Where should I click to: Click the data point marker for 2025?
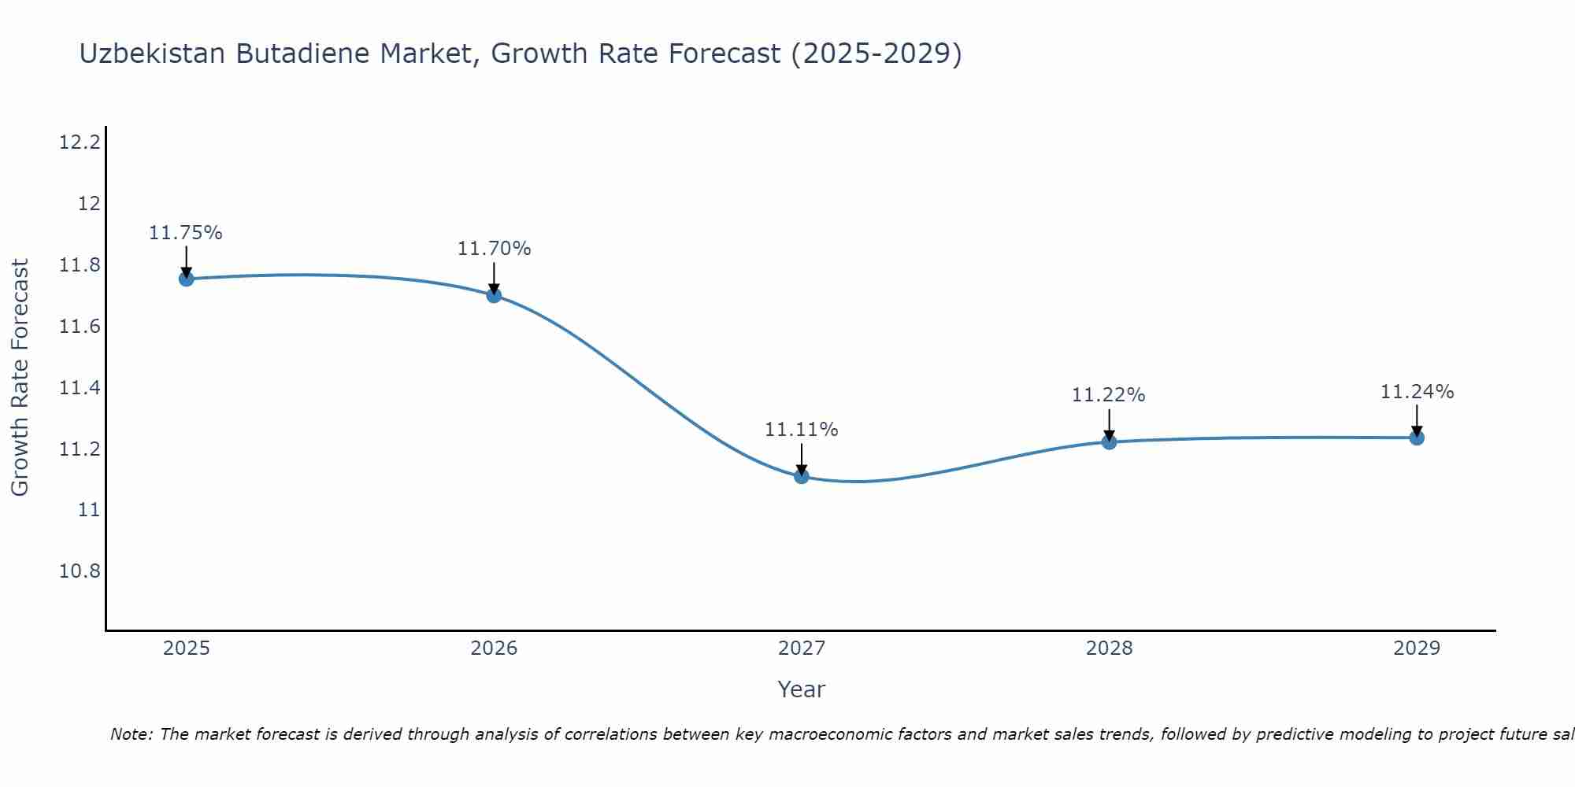pyautogui.click(x=186, y=279)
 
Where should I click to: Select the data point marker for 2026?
pyautogui.click(x=494, y=295)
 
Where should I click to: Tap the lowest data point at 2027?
pyautogui.click(x=802, y=476)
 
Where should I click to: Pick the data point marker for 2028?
pyautogui.click(x=1109, y=442)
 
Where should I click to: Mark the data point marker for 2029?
pyautogui.click(x=1417, y=438)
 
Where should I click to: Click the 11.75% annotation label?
pyautogui.click(x=186, y=233)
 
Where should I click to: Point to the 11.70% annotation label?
pyautogui.click(x=494, y=249)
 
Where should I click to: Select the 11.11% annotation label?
pyautogui.click(x=802, y=430)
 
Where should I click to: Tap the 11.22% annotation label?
pyautogui.click(x=1109, y=395)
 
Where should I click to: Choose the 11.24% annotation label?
pyautogui.click(x=1417, y=392)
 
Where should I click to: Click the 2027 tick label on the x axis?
pyautogui.click(x=802, y=648)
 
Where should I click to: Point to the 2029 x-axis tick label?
pyautogui.click(x=1417, y=648)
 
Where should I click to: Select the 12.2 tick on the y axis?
pyautogui.click(x=80, y=142)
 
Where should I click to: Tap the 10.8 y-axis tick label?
pyautogui.click(x=80, y=571)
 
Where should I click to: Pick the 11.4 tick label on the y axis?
pyautogui.click(x=80, y=388)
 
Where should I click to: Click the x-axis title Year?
pyautogui.click(x=802, y=689)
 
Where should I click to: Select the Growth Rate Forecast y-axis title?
pyautogui.click(x=20, y=378)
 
